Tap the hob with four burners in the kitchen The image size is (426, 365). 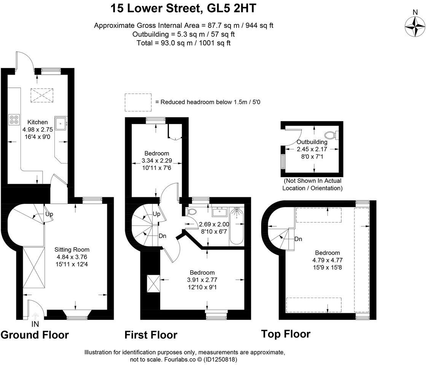pyautogui.click(x=14, y=120)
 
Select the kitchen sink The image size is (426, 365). pyautogui.click(x=61, y=122)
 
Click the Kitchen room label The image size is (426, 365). pyautogui.click(x=37, y=122)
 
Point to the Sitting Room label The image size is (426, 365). pyautogui.click(x=72, y=250)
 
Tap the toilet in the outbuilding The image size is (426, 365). pyautogui.click(x=332, y=135)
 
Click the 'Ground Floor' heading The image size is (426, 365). pyautogui.click(x=35, y=335)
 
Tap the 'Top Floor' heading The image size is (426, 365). pyautogui.click(x=286, y=334)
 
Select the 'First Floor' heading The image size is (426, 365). pyautogui.click(x=151, y=335)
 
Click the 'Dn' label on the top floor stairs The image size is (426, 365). pyautogui.click(x=299, y=239)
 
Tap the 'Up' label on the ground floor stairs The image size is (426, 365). pyautogui.click(x=49, y=214)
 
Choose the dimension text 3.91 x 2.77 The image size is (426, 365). pyautogui.click(x=202, y=280)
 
